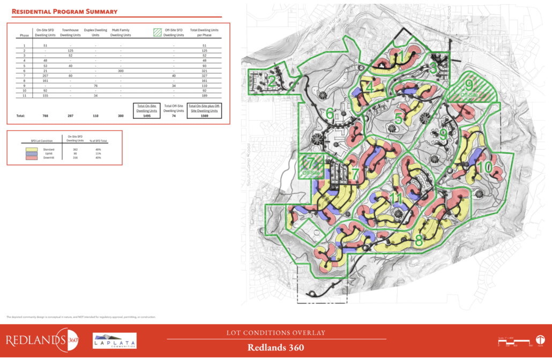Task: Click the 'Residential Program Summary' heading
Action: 64,11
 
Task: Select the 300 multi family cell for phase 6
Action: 121,70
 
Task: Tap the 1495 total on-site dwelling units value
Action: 146,115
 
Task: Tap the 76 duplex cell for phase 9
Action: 95,85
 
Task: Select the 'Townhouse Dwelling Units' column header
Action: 71,33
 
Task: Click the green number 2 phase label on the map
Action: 272,81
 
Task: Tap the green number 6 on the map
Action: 330,114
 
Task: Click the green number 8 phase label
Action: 419,241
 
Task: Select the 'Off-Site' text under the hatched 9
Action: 469,95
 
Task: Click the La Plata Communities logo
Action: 115,341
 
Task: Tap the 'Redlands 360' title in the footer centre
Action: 275,347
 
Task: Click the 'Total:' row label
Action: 21,115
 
